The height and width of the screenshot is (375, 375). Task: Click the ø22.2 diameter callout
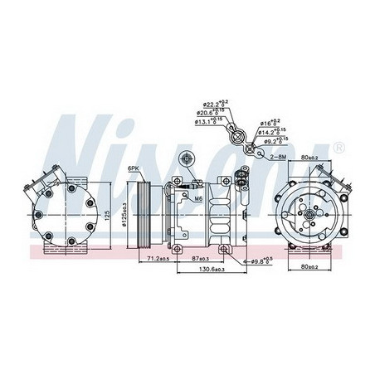211,105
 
